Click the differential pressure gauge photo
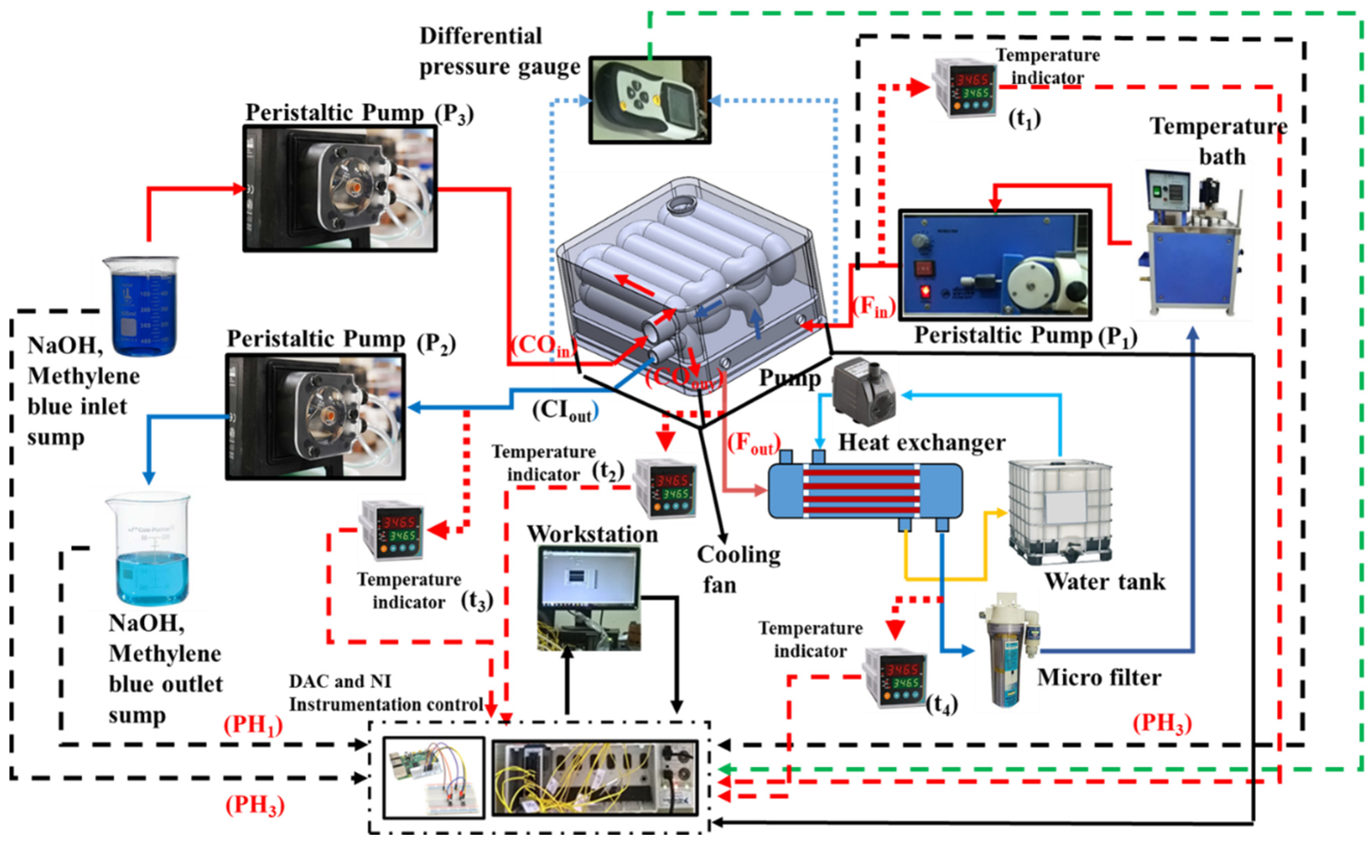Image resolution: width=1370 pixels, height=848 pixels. (x=649, y=100)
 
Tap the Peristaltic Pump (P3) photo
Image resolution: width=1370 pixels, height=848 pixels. (x=340, y=188)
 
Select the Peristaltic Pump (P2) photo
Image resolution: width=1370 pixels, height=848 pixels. (x=315, y=416)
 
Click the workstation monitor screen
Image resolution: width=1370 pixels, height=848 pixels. (x=589, y=578)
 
